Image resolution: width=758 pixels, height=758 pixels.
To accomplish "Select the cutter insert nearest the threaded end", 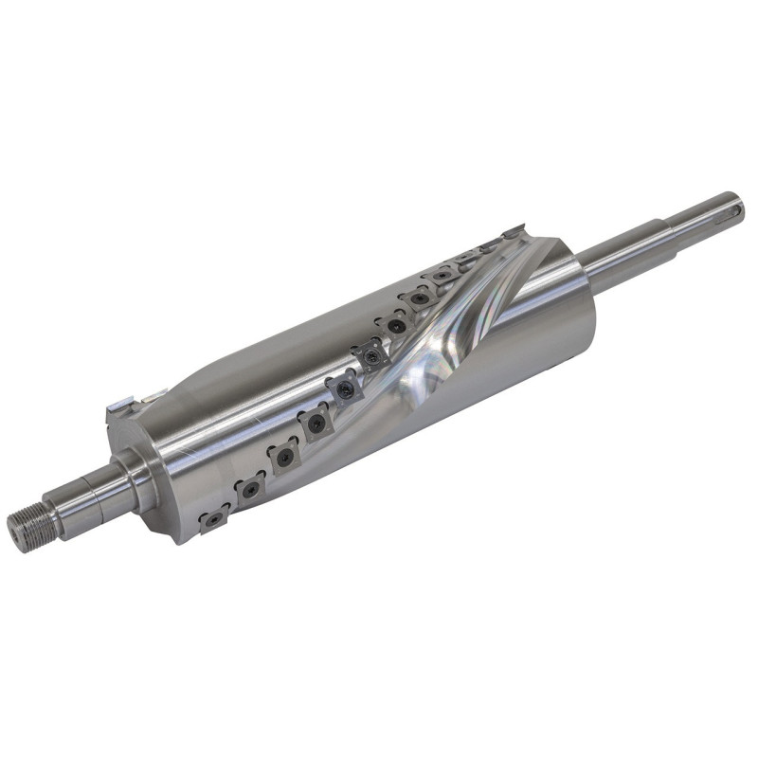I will (x=214, y=518).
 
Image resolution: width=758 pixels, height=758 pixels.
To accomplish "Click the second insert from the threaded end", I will (x=250, y=489).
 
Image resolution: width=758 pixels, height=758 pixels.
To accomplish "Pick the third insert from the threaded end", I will (x=283, y=458).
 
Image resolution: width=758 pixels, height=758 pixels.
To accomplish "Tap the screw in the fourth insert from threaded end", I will (x=316, y=424).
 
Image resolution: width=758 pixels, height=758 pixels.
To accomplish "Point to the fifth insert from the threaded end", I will (x=342, y=389).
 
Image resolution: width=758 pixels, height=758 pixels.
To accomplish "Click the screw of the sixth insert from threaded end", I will (x=372, y=356).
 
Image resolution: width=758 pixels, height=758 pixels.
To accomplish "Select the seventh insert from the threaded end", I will (x=396, y=325).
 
